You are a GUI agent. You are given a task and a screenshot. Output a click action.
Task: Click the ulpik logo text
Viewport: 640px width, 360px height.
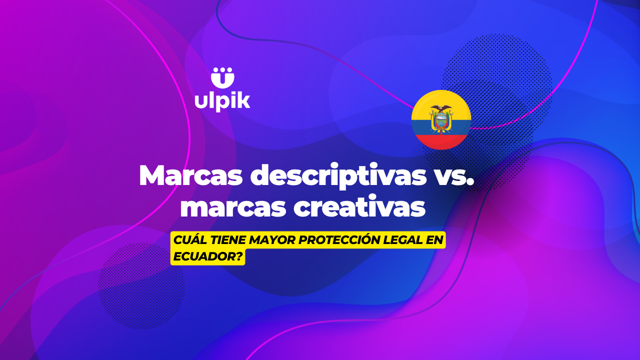pyautogui.click(x=222, y=99)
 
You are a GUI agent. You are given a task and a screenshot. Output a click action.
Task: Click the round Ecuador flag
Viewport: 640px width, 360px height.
pyautogui.click(x=441, y=119)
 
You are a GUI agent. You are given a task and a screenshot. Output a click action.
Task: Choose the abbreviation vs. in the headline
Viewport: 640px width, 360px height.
pyautogui.click(x=448, y=175)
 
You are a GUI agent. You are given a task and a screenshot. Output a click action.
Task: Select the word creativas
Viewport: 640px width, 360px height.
pyautogui.click(x=359, y=207)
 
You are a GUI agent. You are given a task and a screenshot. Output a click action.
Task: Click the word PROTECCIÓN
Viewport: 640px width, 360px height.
pyautogui.click(x=341, y=241)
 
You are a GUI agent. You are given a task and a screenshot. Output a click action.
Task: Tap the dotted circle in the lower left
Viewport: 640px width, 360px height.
pyautogui.click(x=141, y=285)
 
